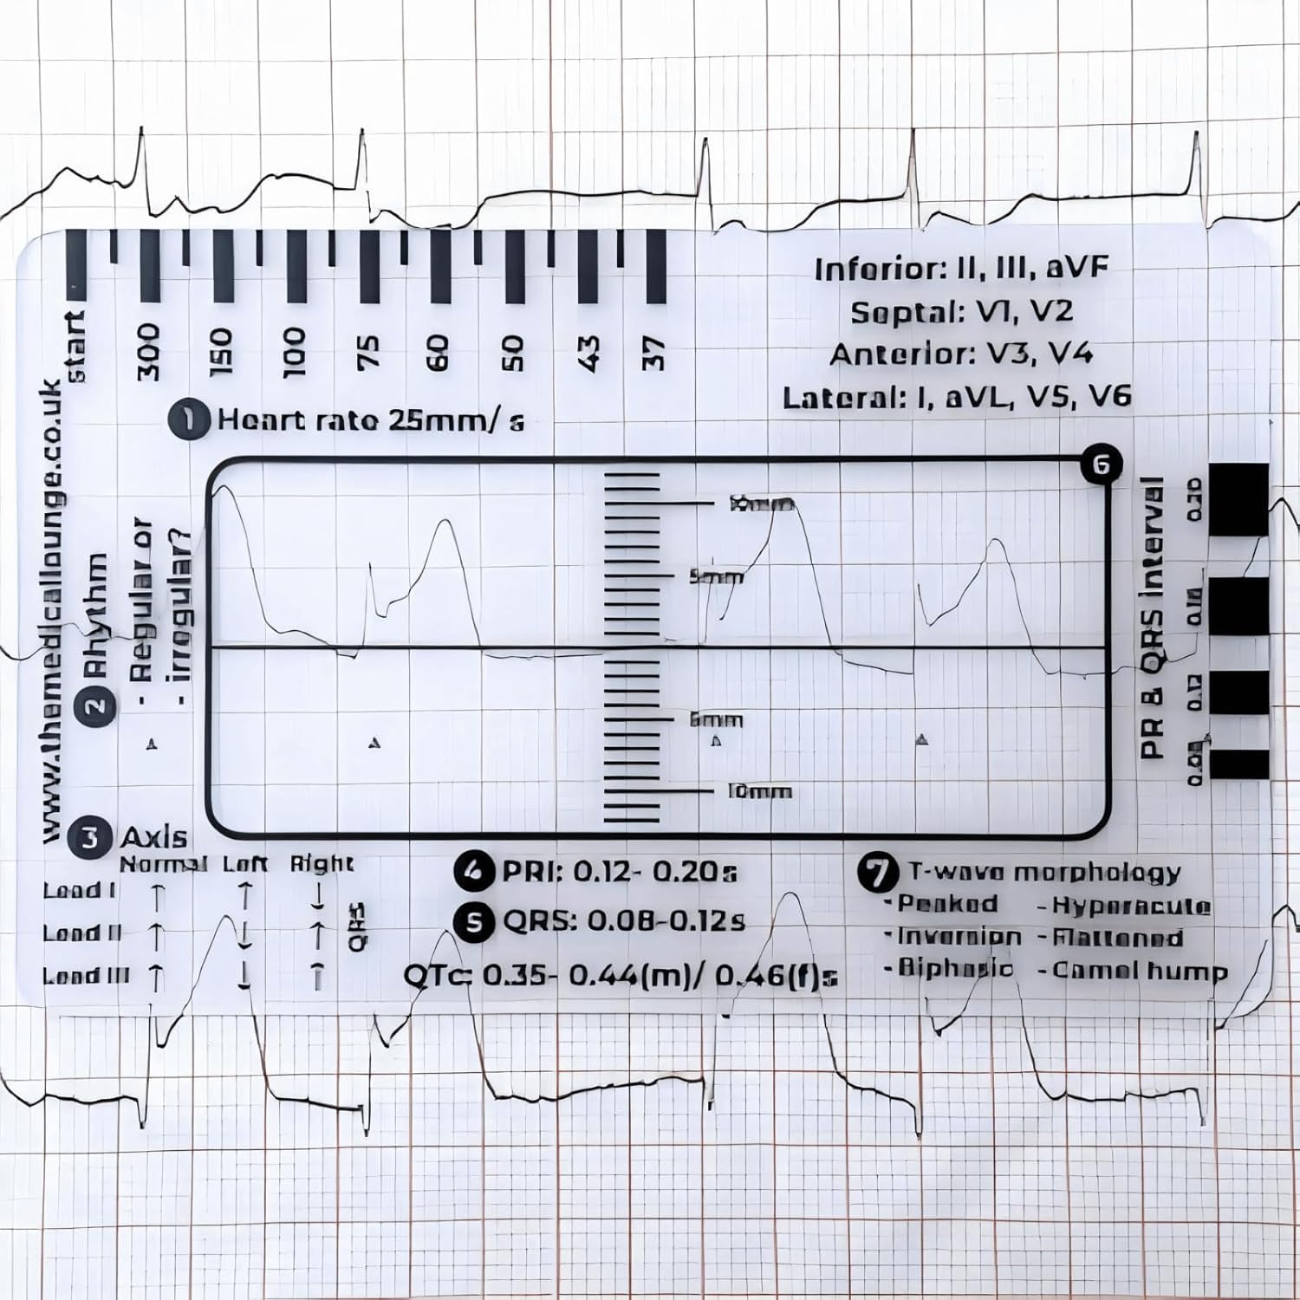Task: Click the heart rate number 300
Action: (149, 352)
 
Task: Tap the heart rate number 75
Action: (367, 352)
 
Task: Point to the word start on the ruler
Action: (76, 347)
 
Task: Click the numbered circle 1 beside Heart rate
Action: (188, 419)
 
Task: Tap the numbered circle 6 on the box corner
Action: (1101, 465)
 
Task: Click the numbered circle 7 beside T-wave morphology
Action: (878, 871)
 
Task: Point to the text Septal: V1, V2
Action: (961, 312)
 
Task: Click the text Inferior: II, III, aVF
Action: (961, 269)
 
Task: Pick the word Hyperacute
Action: (1131, 906)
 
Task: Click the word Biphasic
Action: (954, 967)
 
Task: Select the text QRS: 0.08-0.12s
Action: (623, 921)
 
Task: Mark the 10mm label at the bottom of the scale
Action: (759, 791)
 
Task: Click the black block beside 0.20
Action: (1238, 500)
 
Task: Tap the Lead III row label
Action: (86, 976)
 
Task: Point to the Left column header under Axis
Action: (245, 864)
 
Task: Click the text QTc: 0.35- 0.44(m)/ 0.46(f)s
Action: (621, 976)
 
